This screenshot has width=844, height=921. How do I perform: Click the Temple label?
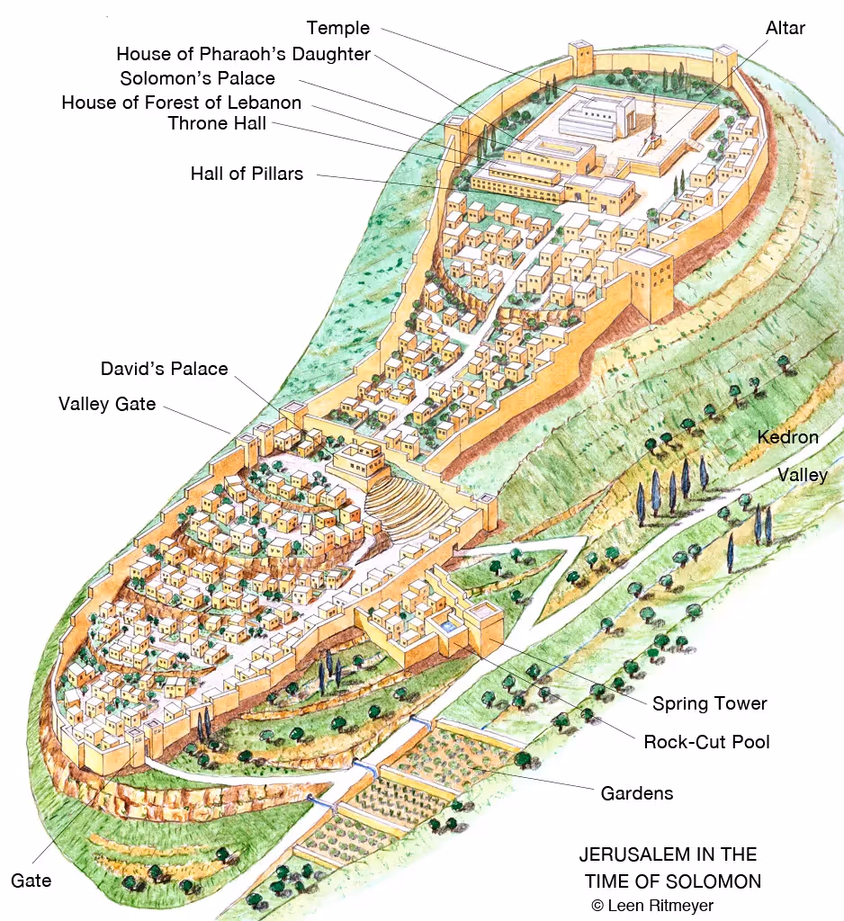click(337, 28)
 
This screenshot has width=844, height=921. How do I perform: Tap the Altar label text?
click(785, 28)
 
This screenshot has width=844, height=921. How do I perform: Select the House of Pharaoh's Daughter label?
click(243, 54)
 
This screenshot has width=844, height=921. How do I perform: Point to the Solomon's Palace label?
click(197, 78)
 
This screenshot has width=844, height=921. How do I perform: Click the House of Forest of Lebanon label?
click(181, 103)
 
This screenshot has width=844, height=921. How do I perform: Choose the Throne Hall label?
click(217, 124)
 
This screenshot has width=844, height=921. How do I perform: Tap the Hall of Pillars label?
click(247, 173)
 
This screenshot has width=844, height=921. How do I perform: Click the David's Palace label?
click(164, 369)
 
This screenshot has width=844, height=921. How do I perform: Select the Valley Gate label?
click(107, 404)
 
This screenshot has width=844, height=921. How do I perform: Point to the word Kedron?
click(787, 438)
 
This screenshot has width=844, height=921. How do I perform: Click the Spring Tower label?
click(709, 703)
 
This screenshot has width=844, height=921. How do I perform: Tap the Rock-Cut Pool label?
click(706, 742)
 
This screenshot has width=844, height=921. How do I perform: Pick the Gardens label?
click(636, 793)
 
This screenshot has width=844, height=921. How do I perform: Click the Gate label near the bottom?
click(31, 880)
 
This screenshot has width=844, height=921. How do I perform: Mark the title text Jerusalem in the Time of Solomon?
click(668, 867)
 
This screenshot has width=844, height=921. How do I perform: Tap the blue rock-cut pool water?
click(442, 621)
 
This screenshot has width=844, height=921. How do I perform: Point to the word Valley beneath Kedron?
click(802, 474)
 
